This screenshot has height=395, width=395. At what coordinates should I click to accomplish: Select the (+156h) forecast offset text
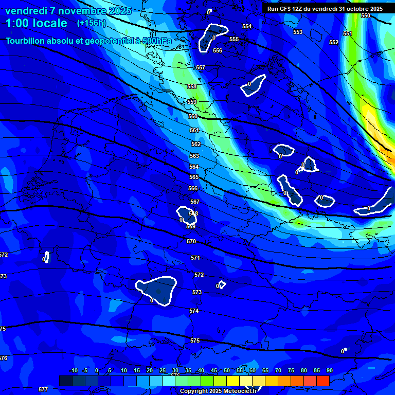[x=91, y=23]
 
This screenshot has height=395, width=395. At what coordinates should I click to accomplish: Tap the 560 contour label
[x=193, y=117]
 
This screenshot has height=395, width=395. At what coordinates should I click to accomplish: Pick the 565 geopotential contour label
[x=194, y=177]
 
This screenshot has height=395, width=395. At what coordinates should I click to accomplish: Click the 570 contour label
[x=191, y=241]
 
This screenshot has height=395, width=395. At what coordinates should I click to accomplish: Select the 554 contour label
[x=247, y=26]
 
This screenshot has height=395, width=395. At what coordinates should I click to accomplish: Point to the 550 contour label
[x=365, y=16]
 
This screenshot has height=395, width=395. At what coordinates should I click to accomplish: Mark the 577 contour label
[x=43, y=389]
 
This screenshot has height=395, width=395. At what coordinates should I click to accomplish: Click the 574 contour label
[x=194, y=311]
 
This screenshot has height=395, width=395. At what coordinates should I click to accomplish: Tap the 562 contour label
[x=196, y=145]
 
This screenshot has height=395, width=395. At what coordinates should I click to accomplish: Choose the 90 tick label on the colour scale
[x=329, y=370]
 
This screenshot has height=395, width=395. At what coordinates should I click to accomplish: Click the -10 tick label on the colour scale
[x=74, y=370]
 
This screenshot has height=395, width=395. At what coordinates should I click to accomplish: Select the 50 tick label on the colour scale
[x=227, y=370]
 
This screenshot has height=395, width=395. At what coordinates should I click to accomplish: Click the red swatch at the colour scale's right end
[x=322, y=381]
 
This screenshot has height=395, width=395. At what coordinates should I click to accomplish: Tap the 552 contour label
[x=334, y=43]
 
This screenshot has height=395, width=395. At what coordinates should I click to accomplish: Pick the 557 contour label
[x=201, y=68]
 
